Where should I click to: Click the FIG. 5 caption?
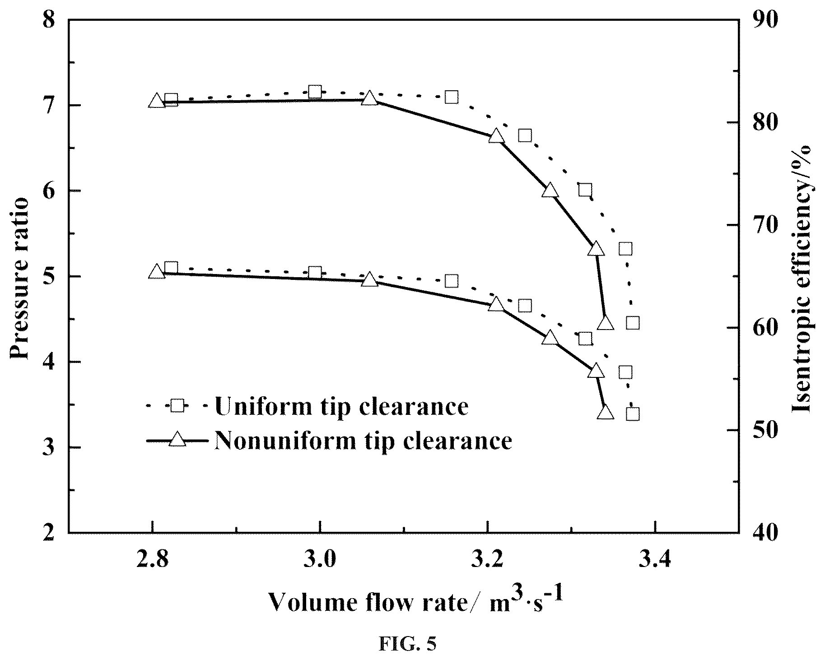(408, 644)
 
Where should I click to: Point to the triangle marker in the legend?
(177, 439)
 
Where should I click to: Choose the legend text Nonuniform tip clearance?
(364, 439)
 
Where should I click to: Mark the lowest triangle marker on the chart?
(605, 412)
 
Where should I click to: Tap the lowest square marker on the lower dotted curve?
(633, 414)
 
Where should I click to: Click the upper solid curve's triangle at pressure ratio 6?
(550, 191)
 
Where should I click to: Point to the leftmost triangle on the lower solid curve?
(157, 272)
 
